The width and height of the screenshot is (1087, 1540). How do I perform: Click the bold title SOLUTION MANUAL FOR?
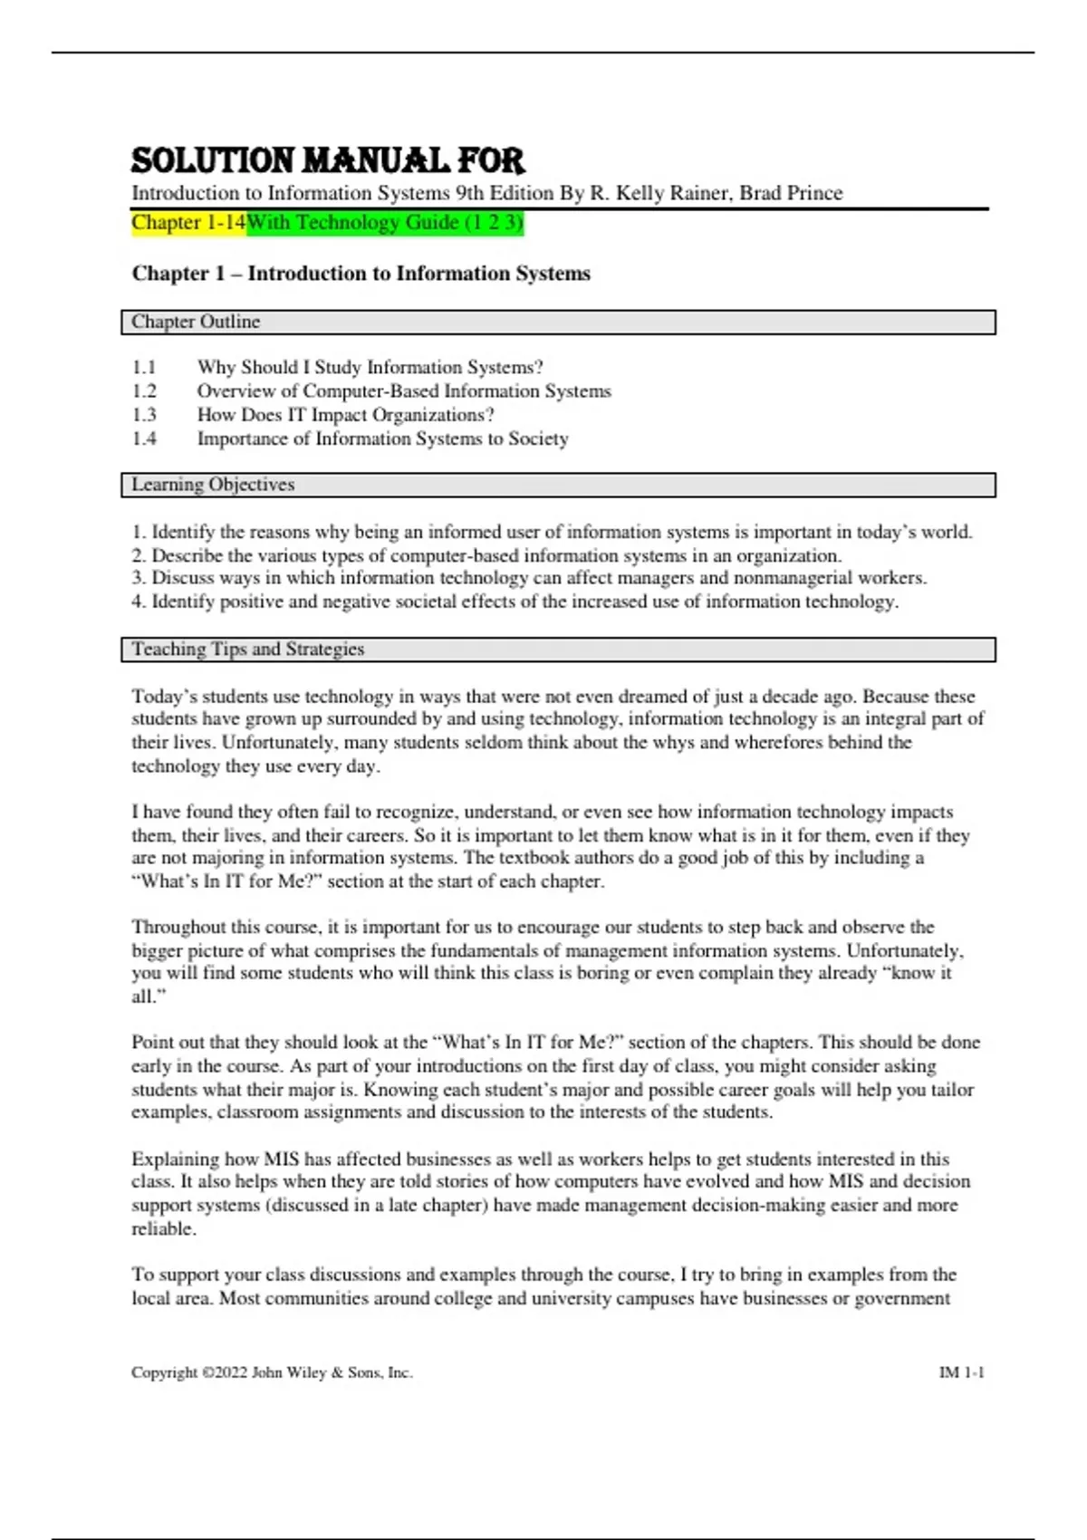328,161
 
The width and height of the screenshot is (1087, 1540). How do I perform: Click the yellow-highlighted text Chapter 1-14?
188,223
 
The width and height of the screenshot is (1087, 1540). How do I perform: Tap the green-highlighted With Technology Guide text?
385,223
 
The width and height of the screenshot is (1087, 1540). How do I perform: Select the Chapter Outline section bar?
558,322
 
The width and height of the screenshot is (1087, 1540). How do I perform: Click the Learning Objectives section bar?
558,485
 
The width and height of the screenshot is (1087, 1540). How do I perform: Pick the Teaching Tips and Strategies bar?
558,650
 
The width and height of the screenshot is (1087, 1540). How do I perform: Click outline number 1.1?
144,368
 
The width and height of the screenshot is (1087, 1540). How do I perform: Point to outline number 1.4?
144,439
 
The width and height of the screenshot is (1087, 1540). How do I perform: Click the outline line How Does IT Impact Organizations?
345,415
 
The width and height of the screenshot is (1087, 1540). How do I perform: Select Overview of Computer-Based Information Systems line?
404,391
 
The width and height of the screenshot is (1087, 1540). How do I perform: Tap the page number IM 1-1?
961,1372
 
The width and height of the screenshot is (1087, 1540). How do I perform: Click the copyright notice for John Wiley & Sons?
272,1372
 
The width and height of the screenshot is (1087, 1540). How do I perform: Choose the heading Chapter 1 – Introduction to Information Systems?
361,274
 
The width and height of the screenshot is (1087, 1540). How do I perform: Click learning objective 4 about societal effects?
515,602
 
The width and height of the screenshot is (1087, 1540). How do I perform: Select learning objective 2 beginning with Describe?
486,555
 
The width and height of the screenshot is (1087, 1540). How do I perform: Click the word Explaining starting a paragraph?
174,1159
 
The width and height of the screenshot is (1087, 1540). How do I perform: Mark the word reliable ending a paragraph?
163,1229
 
